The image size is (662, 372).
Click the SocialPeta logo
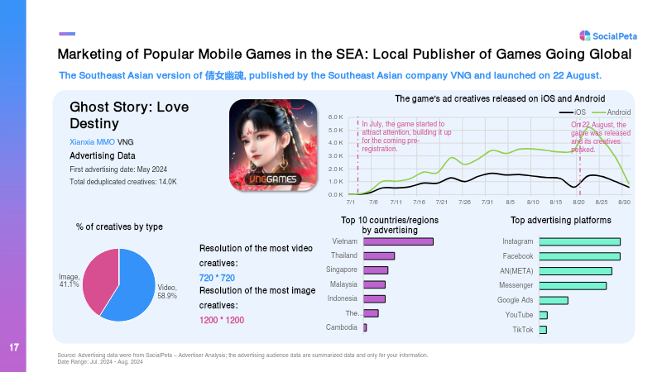(x=608, y=36)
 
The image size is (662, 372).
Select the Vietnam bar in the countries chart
(x=399, y=241)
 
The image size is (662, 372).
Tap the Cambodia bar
(x=365, y=327)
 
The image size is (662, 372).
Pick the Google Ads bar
(x=554, y=301)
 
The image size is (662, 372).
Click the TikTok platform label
(x=523, y=330)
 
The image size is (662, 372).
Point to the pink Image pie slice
(x=100, y=280)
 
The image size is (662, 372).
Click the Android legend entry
(x=612, y=112)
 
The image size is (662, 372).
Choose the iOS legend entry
(x=573, y=112)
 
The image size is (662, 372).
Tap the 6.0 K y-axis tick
(x=336, y=117)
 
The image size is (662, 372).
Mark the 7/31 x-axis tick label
(x=487, y=202)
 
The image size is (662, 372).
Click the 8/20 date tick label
(x=578, y=202)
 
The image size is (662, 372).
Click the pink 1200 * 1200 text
(x=222, y=320)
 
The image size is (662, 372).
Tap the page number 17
(x=14, y=347)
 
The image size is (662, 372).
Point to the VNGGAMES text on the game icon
(x=272, y=179)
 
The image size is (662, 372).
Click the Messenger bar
(x=573, y=286)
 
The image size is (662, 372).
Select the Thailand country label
(x=344, y=255)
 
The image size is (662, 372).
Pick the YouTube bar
(x=544, y=315)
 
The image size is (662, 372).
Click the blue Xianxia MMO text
(x=92, y=142)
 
